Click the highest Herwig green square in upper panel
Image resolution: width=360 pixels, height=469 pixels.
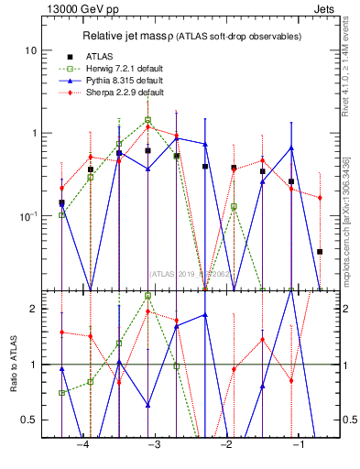pos(147,120)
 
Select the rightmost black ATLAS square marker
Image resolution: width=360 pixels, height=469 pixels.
pos(320,251)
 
